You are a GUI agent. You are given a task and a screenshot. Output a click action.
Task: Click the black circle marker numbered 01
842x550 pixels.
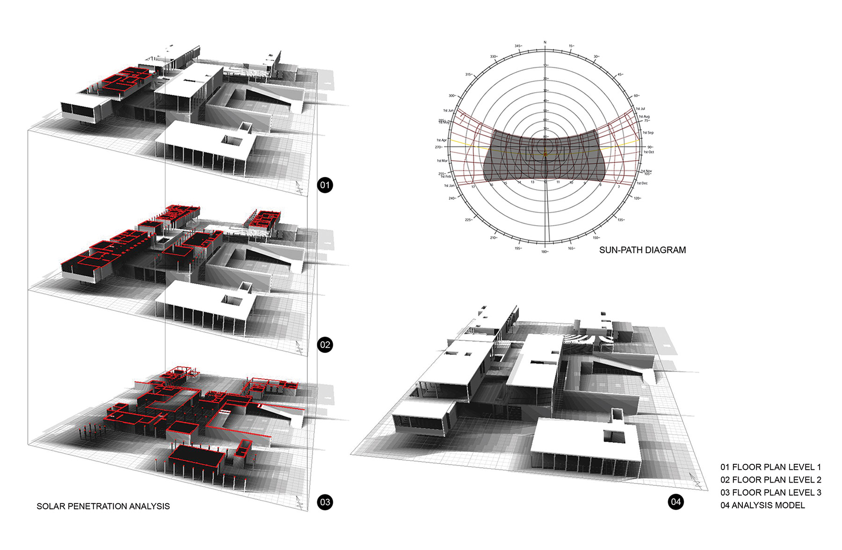[325, 185]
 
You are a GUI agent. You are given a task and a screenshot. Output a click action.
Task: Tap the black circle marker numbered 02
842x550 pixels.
[325, 345]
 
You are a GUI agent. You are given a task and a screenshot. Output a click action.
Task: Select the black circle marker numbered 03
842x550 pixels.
[325, 502]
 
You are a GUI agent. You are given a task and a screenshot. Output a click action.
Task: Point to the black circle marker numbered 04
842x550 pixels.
[675, 502]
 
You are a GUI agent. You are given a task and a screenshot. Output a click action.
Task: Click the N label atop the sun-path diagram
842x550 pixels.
[545, 43]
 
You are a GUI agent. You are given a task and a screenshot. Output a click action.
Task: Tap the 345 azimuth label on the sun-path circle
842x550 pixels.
[518, 46]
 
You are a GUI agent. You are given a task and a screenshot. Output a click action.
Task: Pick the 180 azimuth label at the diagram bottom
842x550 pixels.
[544, 252]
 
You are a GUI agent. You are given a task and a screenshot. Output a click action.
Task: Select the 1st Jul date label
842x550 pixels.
[640, 109]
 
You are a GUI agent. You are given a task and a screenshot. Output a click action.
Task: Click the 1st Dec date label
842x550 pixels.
[642, 183]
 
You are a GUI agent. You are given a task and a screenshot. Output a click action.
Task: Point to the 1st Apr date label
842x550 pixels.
[442, 140]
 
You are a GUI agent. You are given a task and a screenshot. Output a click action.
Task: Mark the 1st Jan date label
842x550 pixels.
[449, 186]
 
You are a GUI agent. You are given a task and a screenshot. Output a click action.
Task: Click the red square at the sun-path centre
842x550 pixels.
[545, 154]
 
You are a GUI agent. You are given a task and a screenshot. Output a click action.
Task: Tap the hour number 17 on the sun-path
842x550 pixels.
[473, 187]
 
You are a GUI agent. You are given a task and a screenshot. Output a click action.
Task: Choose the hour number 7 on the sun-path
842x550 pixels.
[619, 187]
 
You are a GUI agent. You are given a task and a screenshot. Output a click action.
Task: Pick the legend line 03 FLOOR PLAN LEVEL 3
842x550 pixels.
[770, 492]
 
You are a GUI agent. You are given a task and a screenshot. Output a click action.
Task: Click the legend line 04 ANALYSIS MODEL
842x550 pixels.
[762, 505]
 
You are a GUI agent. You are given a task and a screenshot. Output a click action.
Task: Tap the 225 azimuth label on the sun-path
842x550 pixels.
[468, 220]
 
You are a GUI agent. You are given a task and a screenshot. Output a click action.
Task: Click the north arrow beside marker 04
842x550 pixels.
[697, 481]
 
